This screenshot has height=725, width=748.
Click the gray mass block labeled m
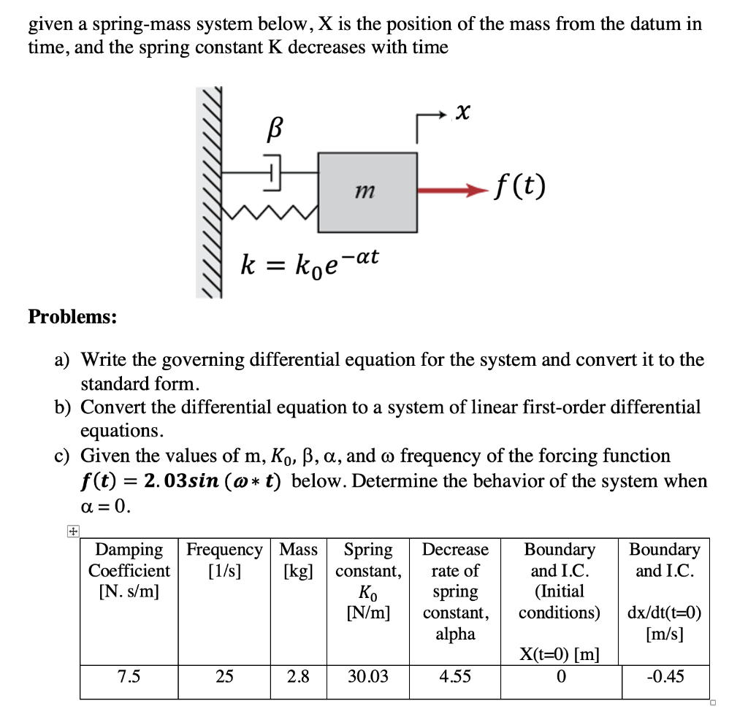click(367, 191)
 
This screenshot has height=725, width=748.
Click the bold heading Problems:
click(72, 317)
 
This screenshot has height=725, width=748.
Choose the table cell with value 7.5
click(129, 677)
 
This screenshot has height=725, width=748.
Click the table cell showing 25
click(224, 677)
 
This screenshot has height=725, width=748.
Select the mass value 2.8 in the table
click(298, 677)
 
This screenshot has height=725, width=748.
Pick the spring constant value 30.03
click(368, 677)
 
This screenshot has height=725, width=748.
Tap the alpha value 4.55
click(455, 677)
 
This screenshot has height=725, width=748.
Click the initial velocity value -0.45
click(665, 677)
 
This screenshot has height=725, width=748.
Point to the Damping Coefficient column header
click(129, 570)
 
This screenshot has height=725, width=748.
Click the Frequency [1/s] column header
click(224, 559)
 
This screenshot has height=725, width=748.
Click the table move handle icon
click(72, 532)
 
